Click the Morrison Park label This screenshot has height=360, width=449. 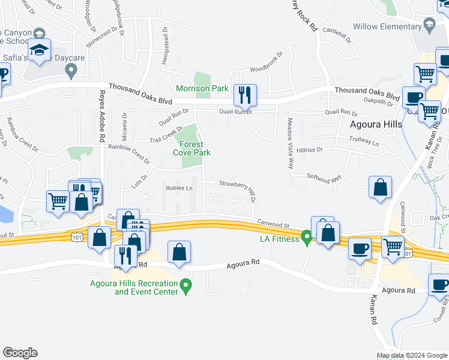pyautogui.click(x=202, y=89)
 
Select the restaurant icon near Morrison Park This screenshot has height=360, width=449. pyautogui.click(x=245, y=95)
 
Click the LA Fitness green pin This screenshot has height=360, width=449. pyautogui.click(x=307, y=239)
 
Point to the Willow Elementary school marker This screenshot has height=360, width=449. pyautogui.click(x=429, y=26)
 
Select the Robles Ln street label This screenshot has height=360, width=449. pyautogui.click(x=179, y=188)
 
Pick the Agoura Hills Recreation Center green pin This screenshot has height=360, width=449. pyautogui.click(x=186, y=287)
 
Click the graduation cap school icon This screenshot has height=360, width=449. pyautogui.click(x=40, y=51)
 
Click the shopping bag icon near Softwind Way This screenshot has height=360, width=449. pyautogui.click(x=380, y=188)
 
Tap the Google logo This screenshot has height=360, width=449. pyautogui.click(x=20, y=353)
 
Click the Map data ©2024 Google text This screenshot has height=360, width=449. pyautogui.click(x=411, y=355)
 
